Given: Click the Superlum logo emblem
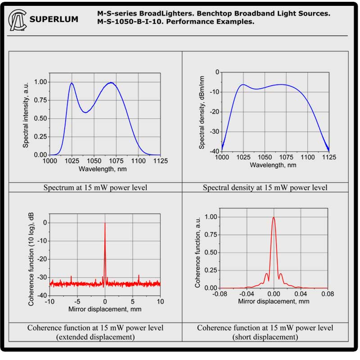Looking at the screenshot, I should [x=17, y=20].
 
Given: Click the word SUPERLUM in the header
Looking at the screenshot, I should [x=54, y=19].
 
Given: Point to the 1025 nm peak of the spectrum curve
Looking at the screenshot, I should [x=72, y=83].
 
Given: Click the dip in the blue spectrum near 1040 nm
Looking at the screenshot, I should [x=85, y=112].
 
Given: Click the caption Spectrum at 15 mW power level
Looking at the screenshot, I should [x=95, y=187].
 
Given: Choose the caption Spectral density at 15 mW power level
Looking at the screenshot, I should [x=265, y=187].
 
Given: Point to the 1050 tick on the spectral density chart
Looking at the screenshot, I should [x=264, y=157].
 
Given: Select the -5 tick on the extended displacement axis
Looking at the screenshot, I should [x=76, y=301].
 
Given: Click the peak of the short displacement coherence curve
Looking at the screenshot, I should [x=274, y=218].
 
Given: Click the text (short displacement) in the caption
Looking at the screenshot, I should [x=265, y=337].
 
